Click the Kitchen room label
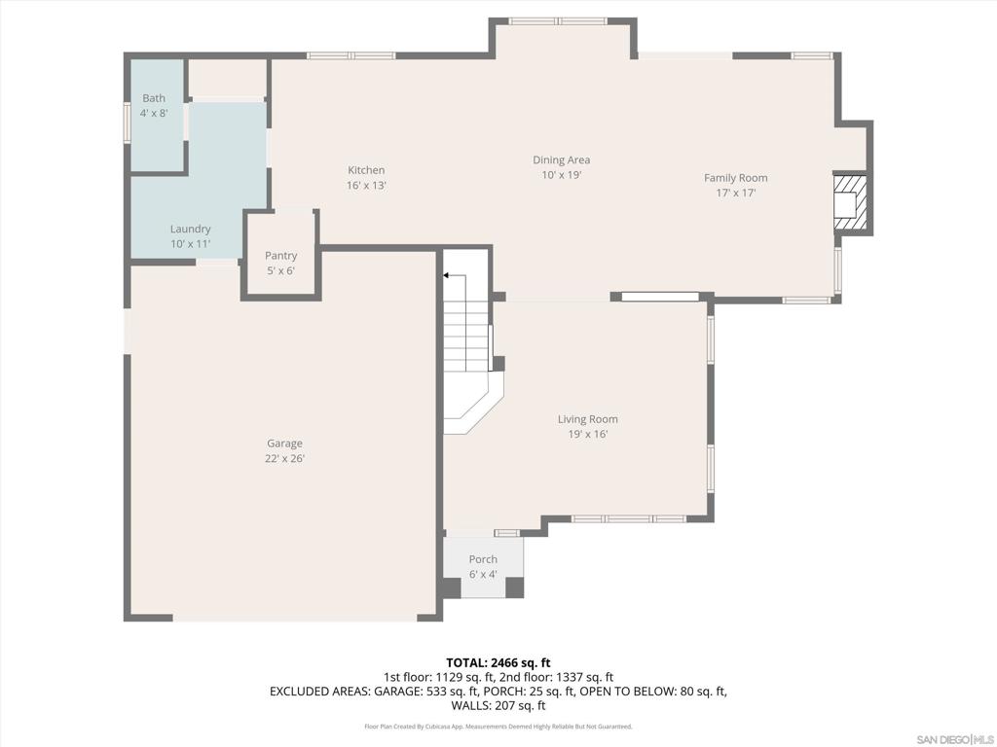366,170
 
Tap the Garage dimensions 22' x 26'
285,459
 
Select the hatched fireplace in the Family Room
851,202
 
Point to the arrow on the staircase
455,275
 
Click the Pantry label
281,256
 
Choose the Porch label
483,559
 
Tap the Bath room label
154,98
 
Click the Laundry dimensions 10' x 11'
191,244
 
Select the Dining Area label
562,160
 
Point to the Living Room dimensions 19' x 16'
588,435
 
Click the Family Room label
736,178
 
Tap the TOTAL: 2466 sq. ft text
498,663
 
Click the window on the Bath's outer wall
128,121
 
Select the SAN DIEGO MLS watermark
954,739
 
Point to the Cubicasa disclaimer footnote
498,726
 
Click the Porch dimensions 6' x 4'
483,575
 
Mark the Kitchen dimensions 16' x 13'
367,186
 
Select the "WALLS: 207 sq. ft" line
498,705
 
